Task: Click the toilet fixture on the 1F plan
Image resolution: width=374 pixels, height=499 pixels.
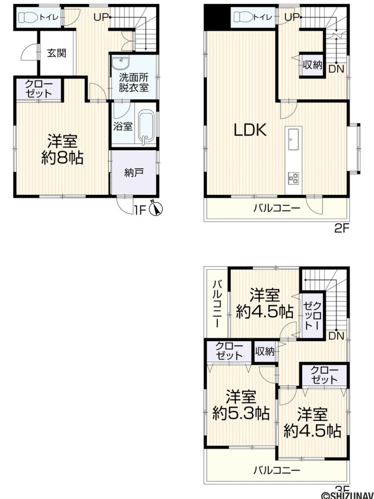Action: [x=28, y=18]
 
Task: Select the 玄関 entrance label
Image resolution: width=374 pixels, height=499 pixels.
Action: [x=56, y=54]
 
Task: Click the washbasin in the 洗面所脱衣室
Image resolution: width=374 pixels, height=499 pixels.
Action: [x=120, y=63]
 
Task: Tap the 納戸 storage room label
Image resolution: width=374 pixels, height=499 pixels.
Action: [x=133, y=172]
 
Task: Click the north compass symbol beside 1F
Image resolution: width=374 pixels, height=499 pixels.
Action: [x=157, y=209]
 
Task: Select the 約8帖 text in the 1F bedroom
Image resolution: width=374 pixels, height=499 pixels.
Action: [x=62, y=158]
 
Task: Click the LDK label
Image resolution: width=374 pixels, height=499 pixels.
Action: [x=249, y=130]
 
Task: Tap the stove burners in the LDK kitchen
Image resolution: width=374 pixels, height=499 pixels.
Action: [x=293, y=178]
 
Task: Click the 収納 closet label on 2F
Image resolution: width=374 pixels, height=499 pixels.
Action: [x=312, y=65]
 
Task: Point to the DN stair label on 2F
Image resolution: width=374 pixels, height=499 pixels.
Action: [x=336, y=69]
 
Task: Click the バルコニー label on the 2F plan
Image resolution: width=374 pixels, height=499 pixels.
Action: [x=276, y=209]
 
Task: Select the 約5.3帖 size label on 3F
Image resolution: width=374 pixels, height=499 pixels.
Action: [x=241, y=414]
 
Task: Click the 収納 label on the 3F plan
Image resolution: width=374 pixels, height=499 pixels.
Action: [x=264, y=351]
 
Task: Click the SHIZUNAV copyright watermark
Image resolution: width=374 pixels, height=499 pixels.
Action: [x=347, y=494]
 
